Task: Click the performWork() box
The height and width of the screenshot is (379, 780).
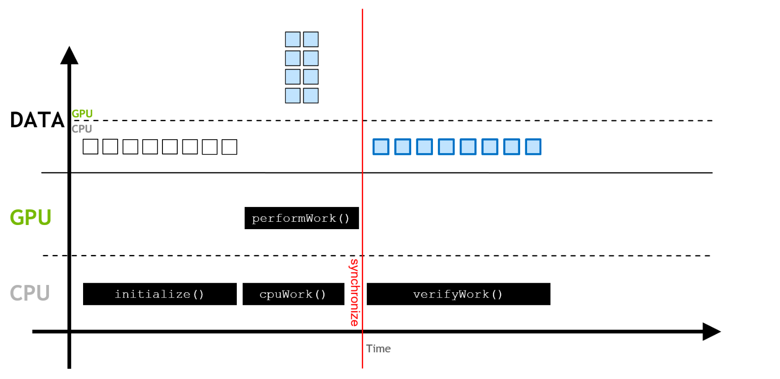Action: [x=301, y=218]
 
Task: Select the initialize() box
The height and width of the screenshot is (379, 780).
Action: [x=160, y=294]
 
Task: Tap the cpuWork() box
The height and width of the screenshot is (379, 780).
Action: [x=293, y=294]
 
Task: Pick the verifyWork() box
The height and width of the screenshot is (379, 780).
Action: [x=458, y=294]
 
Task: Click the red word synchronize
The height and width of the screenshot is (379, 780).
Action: [x=354, y=293]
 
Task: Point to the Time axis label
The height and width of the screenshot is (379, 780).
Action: [x=378, y=349]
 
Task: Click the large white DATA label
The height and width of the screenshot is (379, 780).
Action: [x=38, y=120]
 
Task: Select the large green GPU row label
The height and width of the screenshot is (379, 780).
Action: [x=30, y=218]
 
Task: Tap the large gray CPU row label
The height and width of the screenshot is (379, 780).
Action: [x=30, y=293]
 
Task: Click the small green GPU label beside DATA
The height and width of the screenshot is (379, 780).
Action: [x=82, y=113]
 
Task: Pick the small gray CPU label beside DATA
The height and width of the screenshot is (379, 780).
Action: [x=82, y=129]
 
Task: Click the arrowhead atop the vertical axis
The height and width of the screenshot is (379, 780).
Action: [x=70, y=55]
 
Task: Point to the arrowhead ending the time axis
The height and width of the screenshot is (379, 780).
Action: [x=711, y=332]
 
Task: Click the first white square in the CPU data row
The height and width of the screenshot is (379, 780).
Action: [x=90, y=147]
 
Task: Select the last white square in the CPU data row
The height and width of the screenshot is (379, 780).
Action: [x=229, y=147]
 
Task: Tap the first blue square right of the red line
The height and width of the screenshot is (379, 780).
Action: [x=381, y=147]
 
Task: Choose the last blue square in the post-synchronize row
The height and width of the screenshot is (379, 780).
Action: [x=533, y=147]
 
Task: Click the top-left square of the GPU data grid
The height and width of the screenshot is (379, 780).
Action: [x=293, y=39]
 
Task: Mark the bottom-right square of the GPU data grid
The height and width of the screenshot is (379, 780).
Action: [x=311, y=95]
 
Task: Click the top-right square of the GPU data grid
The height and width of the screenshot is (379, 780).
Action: [x=311, y=39]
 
